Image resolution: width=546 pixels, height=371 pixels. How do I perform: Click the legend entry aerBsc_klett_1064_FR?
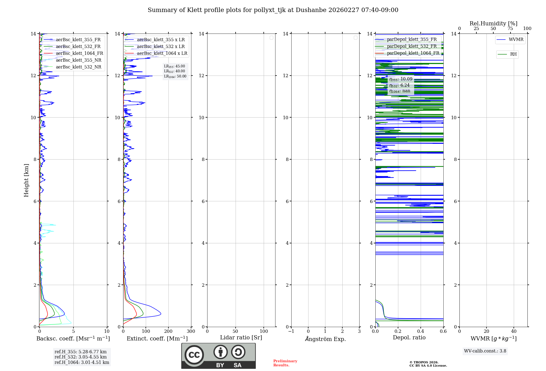[x=79, y=53]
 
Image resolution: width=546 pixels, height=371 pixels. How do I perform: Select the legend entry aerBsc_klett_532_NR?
[x=78, y=67]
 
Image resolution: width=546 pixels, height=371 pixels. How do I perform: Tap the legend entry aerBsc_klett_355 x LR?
[x=161, y=40]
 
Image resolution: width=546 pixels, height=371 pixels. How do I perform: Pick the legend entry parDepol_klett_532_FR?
[x=412, y=46]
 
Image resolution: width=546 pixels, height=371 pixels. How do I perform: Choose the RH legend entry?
[x=513, y=54]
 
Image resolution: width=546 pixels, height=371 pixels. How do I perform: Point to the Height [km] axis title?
[x=26, y=180]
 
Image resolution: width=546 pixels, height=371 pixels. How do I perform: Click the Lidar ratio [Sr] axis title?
[x=241, y=338]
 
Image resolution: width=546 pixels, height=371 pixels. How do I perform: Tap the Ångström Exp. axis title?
[x=325, y=339]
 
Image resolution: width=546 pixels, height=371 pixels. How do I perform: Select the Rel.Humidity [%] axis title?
[x=493, y=23]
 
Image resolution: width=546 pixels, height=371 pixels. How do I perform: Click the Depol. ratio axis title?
[x=409, y=338]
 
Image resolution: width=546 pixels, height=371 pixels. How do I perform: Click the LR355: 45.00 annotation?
[x=174, y=66]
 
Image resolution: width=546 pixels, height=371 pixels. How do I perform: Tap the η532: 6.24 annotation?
[x=399, y=85]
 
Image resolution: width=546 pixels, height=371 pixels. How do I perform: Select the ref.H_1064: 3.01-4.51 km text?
[x=82, y=363]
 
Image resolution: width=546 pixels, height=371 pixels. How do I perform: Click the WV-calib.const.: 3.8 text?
[x=485, y=351]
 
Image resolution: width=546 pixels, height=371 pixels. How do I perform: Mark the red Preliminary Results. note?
[x=285, y=363]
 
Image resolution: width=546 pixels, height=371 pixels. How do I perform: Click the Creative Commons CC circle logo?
[x=194, y=355]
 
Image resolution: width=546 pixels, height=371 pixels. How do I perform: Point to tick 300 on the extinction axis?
[x=191, y=331]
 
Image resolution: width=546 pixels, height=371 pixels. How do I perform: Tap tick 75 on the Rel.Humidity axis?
[x=510, y=29]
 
